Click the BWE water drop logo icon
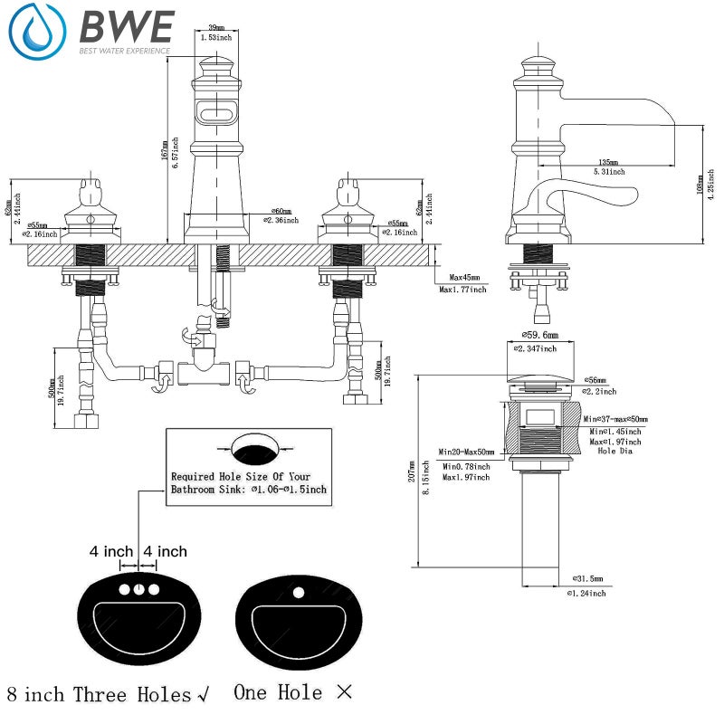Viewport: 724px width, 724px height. click(x=38, y=32)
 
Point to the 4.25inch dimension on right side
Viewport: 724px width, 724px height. click(x=711, y=186)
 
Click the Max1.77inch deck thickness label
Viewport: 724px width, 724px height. click(x=462, y=290)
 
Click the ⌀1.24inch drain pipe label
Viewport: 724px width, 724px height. click(x=586, y=593)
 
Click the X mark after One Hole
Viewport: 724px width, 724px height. click(x=343, y=693)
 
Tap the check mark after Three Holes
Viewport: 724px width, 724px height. click(x=204, y=695)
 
